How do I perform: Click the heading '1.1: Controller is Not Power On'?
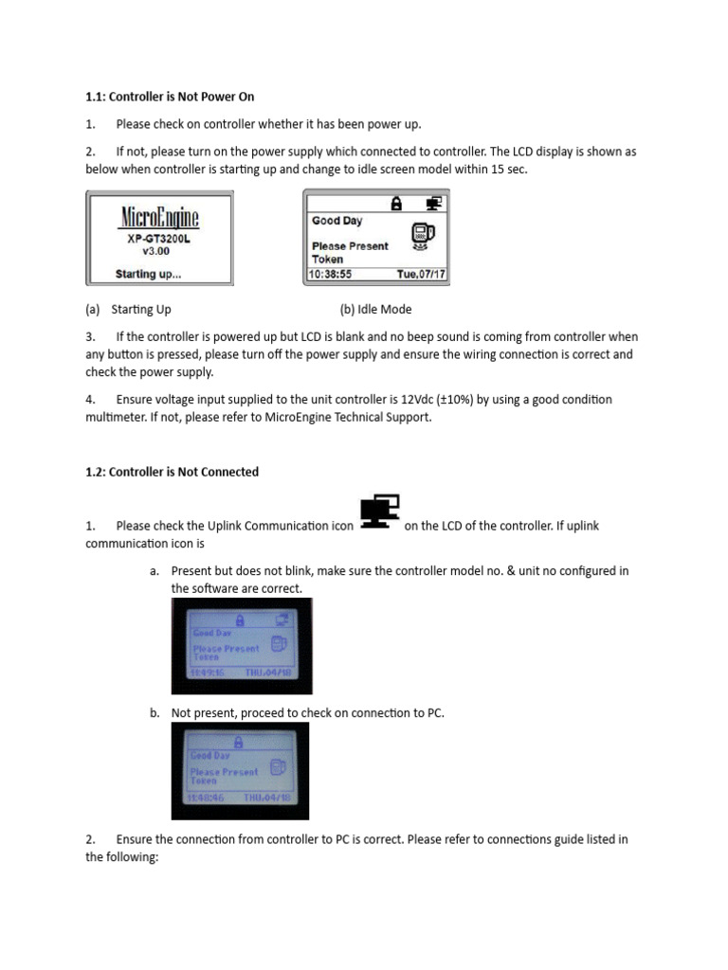(x=170, y=97)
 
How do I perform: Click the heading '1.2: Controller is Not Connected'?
(x=172, y=472)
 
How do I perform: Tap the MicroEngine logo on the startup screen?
(x=159, y=217)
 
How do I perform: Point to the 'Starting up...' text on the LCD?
(x=149, y=275)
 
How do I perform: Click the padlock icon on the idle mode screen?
(x=396, y=203)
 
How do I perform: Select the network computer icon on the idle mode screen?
(x=433, y=203)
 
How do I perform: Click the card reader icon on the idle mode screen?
(x=422, y=236)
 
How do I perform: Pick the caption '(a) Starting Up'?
(x=128, y=309)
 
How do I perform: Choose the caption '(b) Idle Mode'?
(x=375, y=309)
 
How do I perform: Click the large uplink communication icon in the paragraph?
(x=379, y=512)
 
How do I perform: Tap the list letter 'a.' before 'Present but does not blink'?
(x=155, y=571)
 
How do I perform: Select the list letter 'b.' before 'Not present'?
(x=155, y=712)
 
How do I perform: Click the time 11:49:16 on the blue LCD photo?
(x=205, y=671)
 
